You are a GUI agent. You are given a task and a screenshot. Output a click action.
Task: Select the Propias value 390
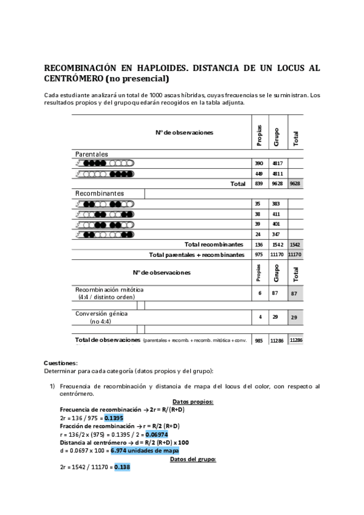pyautogui.click(x=259, y=163)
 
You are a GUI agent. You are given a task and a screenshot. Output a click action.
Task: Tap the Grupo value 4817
pyautogui.click(x=277, y=163)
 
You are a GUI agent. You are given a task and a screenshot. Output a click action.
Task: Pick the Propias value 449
pyautogui.click(x=259, y=174)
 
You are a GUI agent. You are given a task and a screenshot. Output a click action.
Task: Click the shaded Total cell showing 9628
pyautogui.click(x=295, y=183)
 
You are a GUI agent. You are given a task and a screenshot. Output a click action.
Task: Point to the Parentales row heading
pyautogui.click(x=91, y=154)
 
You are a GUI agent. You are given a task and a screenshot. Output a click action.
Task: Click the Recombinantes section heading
pyautogui.click(x=100, y=193)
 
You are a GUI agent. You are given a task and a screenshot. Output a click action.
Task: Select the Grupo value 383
pyautogui.click(x=276, y=204)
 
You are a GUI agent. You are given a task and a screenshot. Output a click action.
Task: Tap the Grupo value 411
pyautogui.click(x=276, y=214)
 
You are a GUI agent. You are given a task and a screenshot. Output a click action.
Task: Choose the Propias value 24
pyautogui.click(x=258, y=234)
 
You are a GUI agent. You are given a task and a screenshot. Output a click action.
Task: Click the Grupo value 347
pyautogui.click(x=276, y=234)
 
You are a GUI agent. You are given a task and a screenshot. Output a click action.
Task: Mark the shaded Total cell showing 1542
pyautogui.click(x=295, y=244)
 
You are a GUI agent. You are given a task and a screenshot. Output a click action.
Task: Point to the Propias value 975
pyautogui.click(x=259, y=254)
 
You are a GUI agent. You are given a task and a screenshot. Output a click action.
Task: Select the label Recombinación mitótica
pyautogui.click(x=109, y=290)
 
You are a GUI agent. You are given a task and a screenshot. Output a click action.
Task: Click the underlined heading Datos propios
pyautogui.click(x=193, y=402)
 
